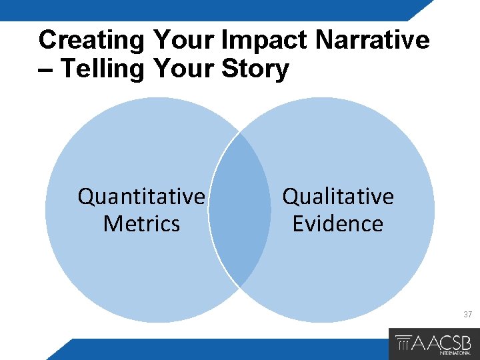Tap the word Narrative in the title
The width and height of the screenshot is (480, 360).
tap(373, 41)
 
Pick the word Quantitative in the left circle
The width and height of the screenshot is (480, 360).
tap(141, 197)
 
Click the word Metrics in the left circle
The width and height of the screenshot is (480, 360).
tap(141, 223)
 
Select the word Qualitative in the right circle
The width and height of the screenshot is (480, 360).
tap(338, 197)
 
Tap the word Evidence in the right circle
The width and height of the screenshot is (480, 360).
tap(338, 223)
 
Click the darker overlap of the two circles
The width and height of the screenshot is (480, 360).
tap(240, 210)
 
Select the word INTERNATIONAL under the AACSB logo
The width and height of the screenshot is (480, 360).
tap(457, 353)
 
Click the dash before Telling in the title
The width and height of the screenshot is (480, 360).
tap(47, 69)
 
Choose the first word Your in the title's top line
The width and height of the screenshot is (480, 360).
tap(183, 41)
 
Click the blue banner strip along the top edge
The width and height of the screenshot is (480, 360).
tap(200, 10)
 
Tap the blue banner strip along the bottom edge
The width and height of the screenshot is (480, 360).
tap(220, 349)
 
